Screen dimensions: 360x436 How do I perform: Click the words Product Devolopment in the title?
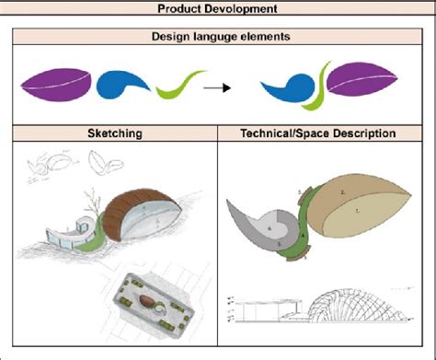[217, 8]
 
